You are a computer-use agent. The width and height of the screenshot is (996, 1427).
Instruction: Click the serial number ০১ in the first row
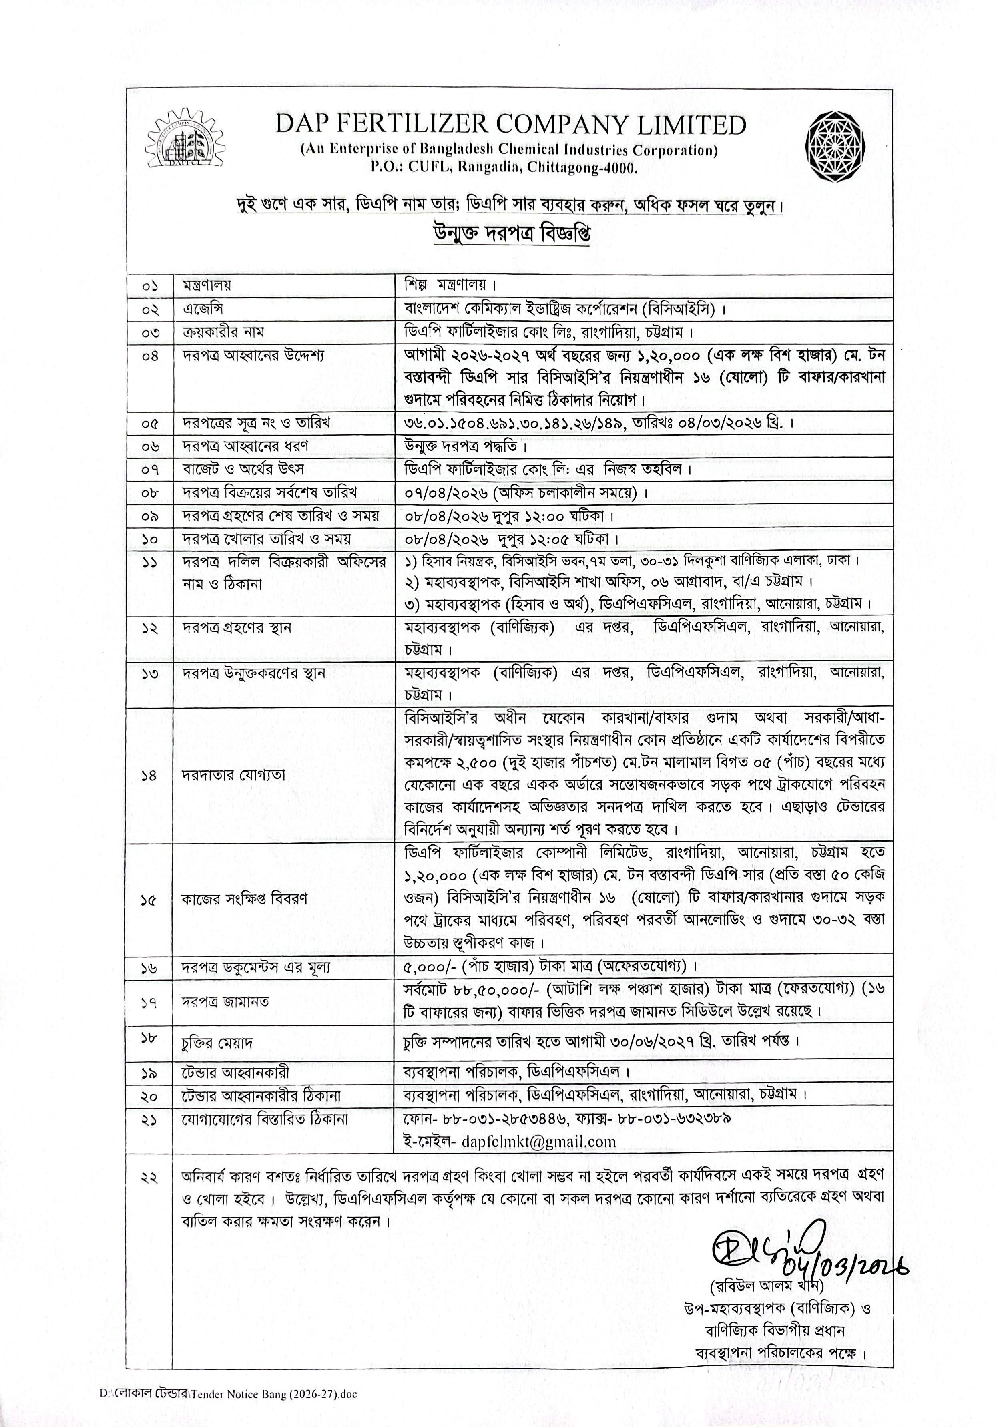click(150, 287)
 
